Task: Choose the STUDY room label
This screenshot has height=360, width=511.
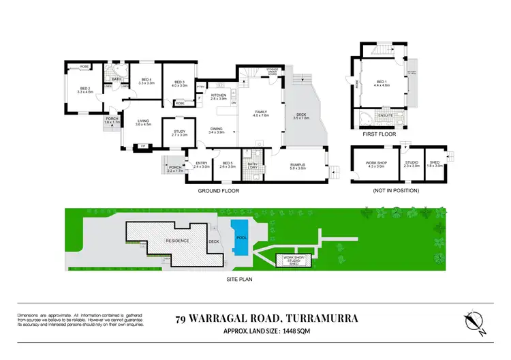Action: click(x=179, y=134)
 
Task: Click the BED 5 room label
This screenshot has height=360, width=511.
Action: click(x=228, y=164)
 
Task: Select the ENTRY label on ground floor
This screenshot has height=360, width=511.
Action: click(x=202, y=164)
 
